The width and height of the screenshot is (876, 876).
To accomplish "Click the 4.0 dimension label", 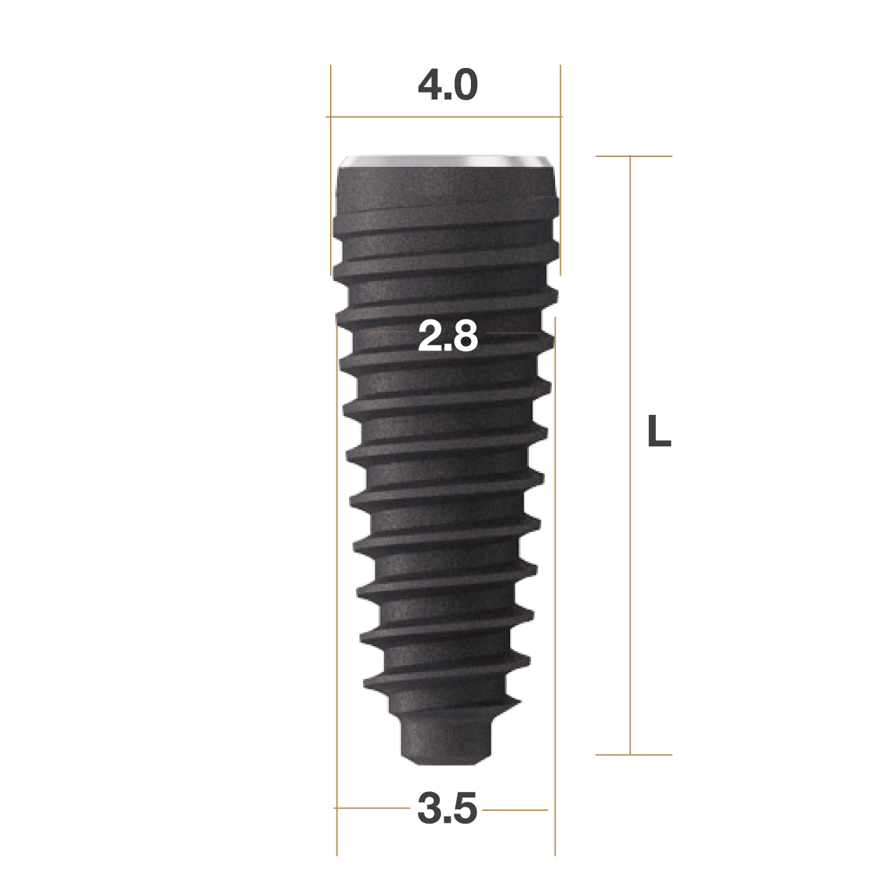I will pos(447,85).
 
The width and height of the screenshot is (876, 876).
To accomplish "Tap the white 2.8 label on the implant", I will pos(447,336).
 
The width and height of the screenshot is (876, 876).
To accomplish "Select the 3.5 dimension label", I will pos(447,809).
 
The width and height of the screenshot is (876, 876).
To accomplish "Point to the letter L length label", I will pos(658,432).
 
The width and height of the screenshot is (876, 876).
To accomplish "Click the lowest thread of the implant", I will pos(442,690).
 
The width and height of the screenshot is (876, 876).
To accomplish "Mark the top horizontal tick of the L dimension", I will pos(634,156).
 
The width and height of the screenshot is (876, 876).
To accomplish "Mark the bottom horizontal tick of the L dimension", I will pos(634,755).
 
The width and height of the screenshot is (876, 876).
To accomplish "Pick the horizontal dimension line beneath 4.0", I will pos(444,117).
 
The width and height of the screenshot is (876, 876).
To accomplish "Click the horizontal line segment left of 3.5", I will pos(371,808).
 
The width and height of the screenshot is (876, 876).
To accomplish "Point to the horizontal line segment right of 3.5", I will pos(516,809).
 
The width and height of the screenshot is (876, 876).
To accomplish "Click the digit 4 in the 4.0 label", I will pos(429,85).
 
